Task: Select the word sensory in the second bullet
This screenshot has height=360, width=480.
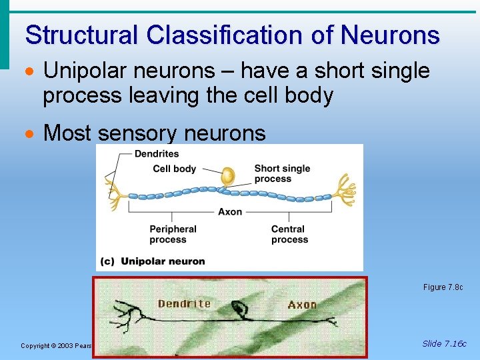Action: [x=140, y=133]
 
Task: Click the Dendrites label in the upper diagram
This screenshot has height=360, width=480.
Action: [x=157, y=154]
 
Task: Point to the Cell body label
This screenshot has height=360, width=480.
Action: [x=175, y=169]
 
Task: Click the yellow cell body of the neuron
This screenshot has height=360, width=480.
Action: [x=228, y=176]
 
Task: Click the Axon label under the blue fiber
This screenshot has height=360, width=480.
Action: [x=230, y=212]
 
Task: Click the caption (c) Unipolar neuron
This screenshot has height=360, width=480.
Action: [x=153, y=261]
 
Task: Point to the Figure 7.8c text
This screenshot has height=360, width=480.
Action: [x=443, y=287]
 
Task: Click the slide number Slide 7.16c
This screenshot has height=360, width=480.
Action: [x=444, y=344]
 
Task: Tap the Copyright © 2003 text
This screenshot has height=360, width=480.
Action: [x=57, y=345]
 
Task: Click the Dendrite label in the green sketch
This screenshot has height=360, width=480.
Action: [x=184, y=304]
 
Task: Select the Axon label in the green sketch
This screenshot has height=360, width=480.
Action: [x=302, y=305]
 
